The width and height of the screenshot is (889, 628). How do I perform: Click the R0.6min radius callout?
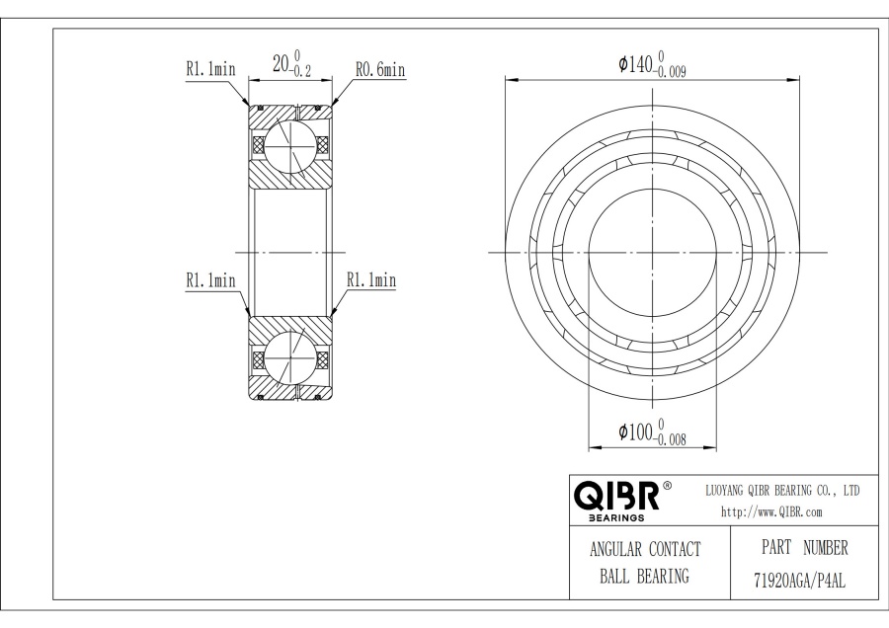point(380,70)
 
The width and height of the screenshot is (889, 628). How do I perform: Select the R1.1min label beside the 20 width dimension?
point(209,70)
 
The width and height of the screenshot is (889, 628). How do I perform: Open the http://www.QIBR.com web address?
point(773,511)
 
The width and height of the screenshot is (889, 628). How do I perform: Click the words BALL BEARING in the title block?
point(643,576)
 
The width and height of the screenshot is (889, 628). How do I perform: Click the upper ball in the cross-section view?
point(288,146)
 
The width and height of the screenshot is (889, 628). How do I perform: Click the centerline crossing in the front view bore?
point(652,252)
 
